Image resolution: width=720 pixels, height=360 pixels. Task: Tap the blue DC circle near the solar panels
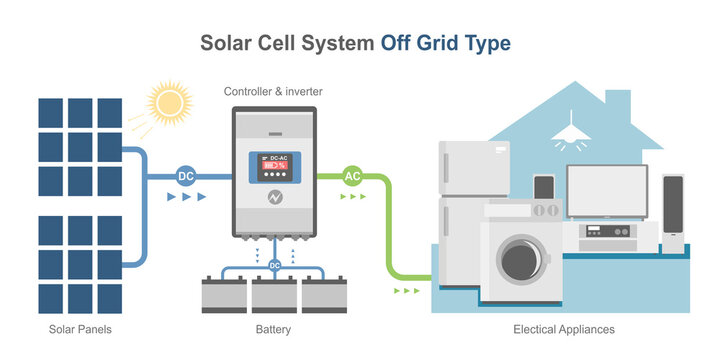pyautogui.click(x=185, y=176)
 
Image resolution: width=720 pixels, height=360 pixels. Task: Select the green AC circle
pyautogui.click(x=352, y=176)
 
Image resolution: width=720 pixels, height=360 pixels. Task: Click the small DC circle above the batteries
pyautogui.click(x=274, y=265)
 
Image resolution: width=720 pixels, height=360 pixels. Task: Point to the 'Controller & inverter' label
pyautogui.click(x=273, y=92)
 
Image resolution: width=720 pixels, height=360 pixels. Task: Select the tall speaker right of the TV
pyautogui.click(x=673, y=212)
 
